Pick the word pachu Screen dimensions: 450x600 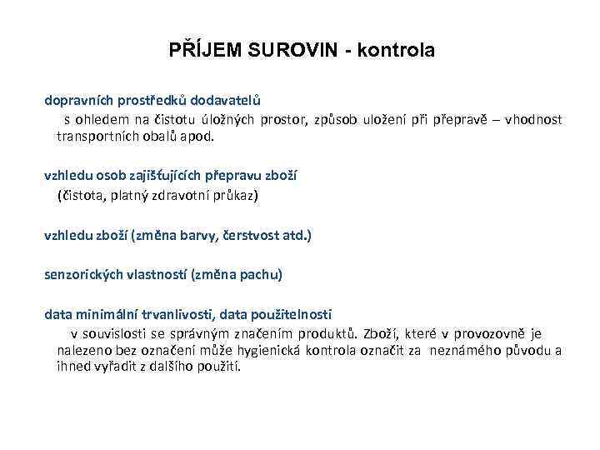263,274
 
